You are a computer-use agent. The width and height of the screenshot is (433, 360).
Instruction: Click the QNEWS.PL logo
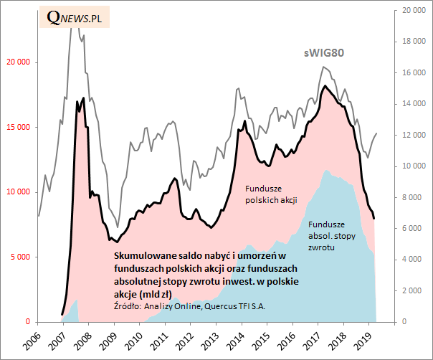point(75,18)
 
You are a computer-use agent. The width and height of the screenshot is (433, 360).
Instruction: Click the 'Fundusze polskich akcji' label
point(271,194)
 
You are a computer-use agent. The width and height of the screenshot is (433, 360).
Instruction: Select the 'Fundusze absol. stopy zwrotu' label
point(331,236)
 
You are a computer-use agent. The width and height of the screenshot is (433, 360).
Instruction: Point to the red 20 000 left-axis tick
point(18,62)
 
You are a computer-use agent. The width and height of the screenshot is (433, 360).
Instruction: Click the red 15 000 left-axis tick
point(18,128)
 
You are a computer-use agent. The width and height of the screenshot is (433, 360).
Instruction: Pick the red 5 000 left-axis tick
point(20,257)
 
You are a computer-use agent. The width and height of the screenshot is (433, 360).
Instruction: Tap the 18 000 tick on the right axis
point(413,42)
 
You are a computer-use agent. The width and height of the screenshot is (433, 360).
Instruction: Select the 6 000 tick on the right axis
point(415,228)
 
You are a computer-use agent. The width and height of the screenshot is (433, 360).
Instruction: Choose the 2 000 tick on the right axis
point(415,290)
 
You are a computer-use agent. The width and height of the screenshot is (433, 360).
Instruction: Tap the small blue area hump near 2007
point(72,310)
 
